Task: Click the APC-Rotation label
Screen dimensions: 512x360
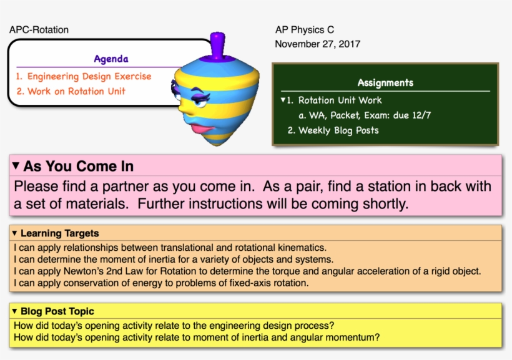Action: click(39, 30)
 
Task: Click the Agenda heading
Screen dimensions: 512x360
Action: click(111, 59)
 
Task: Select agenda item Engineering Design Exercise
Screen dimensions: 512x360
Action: click(84, 76)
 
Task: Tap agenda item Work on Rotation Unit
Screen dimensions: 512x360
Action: click(71, 91)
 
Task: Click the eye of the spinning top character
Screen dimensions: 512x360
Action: click(200, 102)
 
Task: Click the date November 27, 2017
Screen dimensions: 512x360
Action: click(317, 44)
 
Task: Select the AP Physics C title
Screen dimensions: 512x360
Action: click(305, 30)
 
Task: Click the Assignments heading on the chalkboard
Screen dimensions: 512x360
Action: click(385, 82)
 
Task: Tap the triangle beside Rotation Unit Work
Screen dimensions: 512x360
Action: click(283, 100)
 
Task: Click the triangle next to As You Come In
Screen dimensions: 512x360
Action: click(16, 166)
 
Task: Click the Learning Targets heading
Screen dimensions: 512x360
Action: click(59, 233)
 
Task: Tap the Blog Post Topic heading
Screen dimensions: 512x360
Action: click(57, 311)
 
